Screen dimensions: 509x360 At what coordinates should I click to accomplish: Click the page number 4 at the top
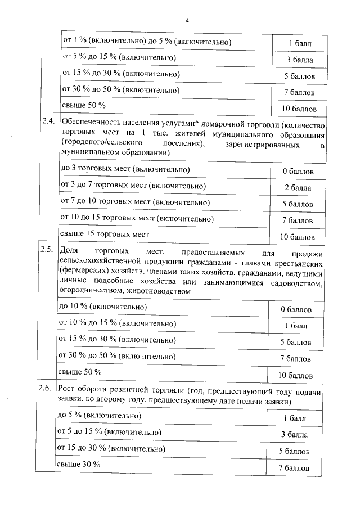[x=186, y=21]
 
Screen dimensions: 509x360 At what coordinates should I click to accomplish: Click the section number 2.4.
[x=48, y=121]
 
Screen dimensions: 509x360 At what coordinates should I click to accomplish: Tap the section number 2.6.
[x=46, y=389]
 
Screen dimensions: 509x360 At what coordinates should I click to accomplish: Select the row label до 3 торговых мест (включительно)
[x=124, y=169]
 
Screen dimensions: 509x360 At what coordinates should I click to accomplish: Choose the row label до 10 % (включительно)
[x=102, y=307]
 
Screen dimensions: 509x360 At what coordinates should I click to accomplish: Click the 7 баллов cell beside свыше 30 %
[x=294, y=467]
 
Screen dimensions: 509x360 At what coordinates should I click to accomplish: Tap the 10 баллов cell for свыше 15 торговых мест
[x=297, y=237]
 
